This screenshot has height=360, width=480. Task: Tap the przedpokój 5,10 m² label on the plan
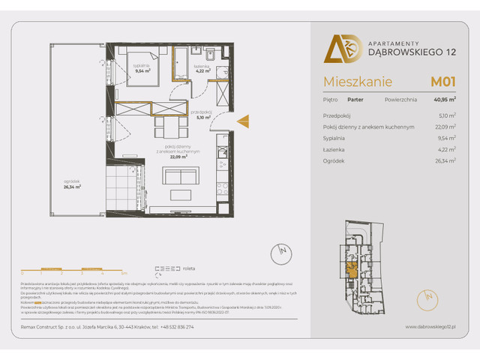coord(203,115)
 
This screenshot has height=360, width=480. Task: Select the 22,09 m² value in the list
coord(445,127)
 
